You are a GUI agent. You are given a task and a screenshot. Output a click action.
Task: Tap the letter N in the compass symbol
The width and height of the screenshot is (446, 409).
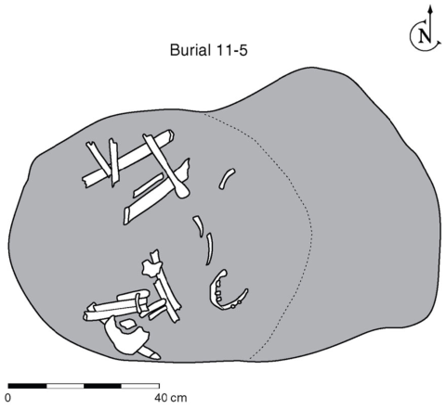coord(425,36)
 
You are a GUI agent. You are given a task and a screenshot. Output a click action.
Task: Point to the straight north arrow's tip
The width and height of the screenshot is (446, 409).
coord(429,6)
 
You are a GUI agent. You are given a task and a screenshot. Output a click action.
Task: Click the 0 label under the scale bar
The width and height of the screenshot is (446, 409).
coord(8,398)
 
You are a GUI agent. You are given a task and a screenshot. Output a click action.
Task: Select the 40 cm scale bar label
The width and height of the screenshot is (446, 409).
coord(171,398)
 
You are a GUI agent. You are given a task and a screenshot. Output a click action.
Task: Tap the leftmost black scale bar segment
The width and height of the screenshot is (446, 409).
coord(27,386)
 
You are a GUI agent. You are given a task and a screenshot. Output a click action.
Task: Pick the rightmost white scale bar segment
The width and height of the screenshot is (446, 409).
coord(140,386)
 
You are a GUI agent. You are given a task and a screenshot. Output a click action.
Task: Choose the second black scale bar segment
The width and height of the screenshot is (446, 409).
coord(102,386)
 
